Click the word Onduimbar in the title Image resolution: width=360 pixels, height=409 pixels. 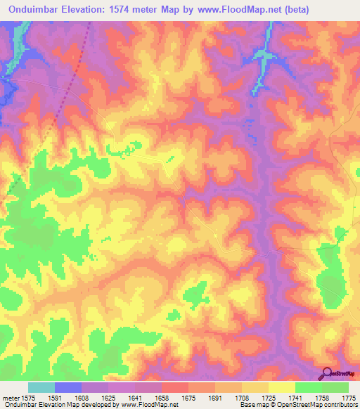[x=32, y=11]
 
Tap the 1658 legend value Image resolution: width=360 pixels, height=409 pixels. [x=162, y=398]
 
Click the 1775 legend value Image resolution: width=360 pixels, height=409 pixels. [x=347, y=398]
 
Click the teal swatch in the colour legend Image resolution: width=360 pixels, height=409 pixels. [x=41, y=387]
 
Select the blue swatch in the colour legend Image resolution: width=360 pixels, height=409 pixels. [x=67, y=387]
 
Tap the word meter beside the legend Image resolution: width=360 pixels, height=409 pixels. [x=9, y=398]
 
